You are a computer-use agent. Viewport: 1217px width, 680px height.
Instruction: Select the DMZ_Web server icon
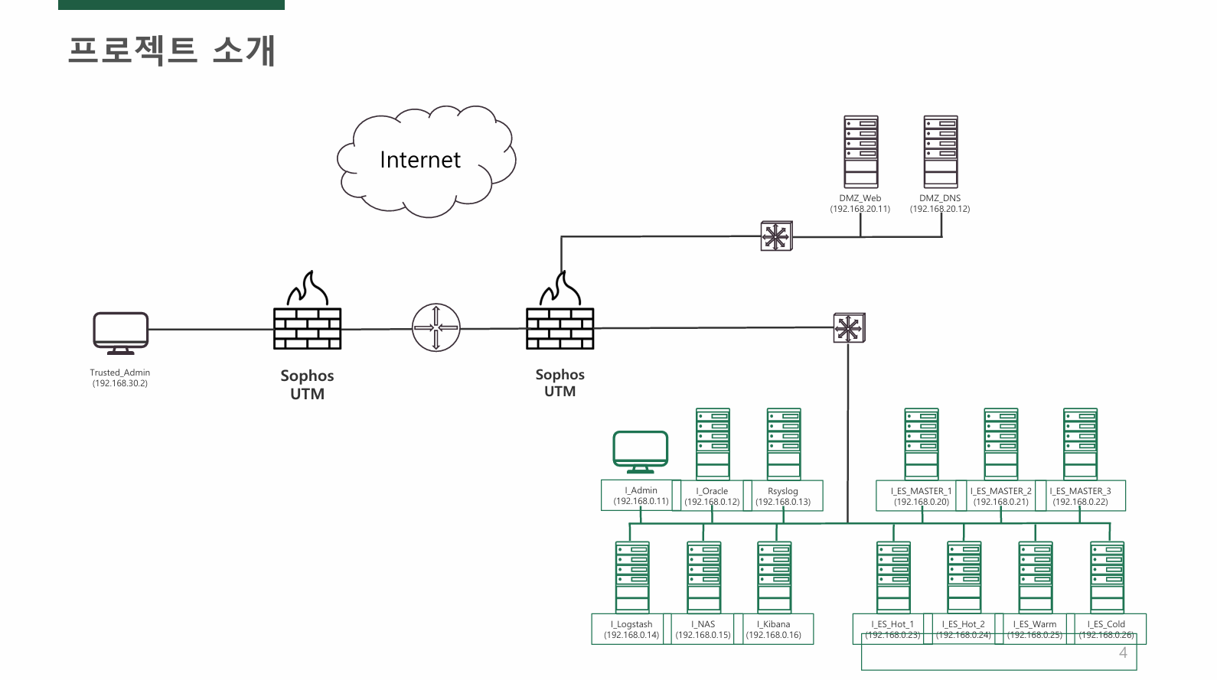[x=861, y=151]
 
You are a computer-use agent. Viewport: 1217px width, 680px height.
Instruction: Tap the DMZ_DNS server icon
[x=941, y=151]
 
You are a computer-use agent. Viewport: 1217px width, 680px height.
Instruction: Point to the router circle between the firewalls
[x=436, y=327]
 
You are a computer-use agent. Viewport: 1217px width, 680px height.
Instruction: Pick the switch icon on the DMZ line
[x=776, y=236]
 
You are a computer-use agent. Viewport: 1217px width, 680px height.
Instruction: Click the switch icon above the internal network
[x=849, y=328]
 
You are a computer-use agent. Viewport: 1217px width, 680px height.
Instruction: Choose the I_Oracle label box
[x=712, y=496]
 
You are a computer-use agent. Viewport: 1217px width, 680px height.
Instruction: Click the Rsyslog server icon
[x=784, y=444]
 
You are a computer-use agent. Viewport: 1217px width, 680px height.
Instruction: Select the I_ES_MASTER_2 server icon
[x=1001, y=444]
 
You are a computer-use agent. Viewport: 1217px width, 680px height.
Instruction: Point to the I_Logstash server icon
[x=632, y=577]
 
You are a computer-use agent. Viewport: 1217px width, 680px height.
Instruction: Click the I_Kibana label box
[x=774, y=629]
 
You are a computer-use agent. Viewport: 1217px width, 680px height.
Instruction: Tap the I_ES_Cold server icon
[x=1108, y=577]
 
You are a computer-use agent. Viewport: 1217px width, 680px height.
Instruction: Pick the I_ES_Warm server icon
[x=1036, y=577]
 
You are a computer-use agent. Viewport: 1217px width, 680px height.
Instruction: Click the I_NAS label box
[x=703, y=629]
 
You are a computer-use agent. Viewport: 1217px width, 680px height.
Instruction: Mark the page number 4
[x=1123, y=652]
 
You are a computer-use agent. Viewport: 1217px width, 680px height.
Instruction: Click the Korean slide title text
[x=171, y=50]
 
